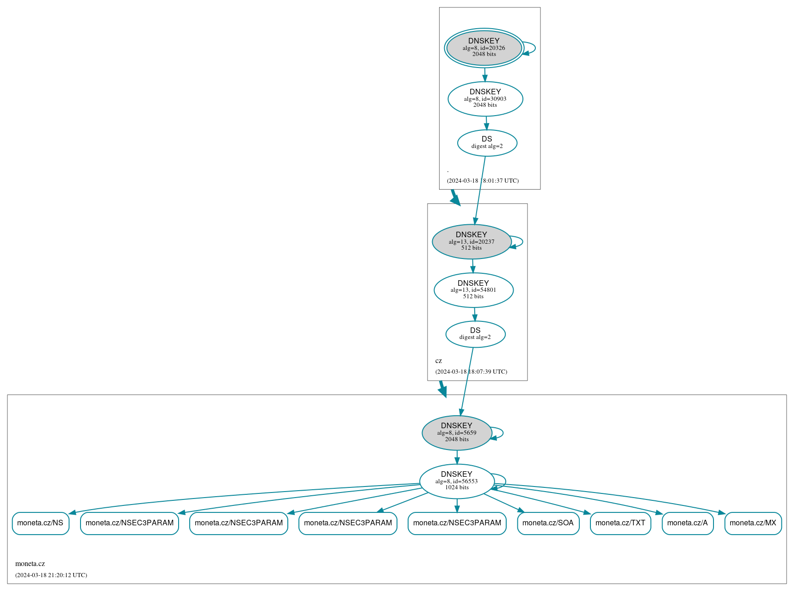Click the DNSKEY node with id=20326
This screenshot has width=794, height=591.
[x=484, y=48]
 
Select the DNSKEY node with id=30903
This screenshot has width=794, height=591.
[x=485, y=98]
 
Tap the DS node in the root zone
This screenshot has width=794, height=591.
[x=487, y=143]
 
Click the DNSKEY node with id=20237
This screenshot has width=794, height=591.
[x=471, y=241]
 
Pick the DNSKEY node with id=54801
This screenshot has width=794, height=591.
[x=473, y=290]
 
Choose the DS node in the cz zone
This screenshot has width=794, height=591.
[x=475, y=334]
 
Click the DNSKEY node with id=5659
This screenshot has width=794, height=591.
[x=456, y=433]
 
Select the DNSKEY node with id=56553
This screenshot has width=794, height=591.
[x=456, y=481]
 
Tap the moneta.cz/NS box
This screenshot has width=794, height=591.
[x=40, y=523]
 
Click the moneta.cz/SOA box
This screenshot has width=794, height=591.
[x=548, y=523]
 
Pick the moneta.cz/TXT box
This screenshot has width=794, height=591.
[x=620, y=523]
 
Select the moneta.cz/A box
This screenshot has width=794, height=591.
[x=687, y=523]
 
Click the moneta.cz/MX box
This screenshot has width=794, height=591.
[x=753, y=523]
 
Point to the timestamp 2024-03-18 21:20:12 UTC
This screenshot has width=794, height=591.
[x=51, y=575]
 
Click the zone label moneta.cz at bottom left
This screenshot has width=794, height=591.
[x=30, y=564]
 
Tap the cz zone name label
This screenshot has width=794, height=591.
[x=439, y=361]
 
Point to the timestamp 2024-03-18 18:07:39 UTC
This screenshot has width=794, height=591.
[x=471, y=372]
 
